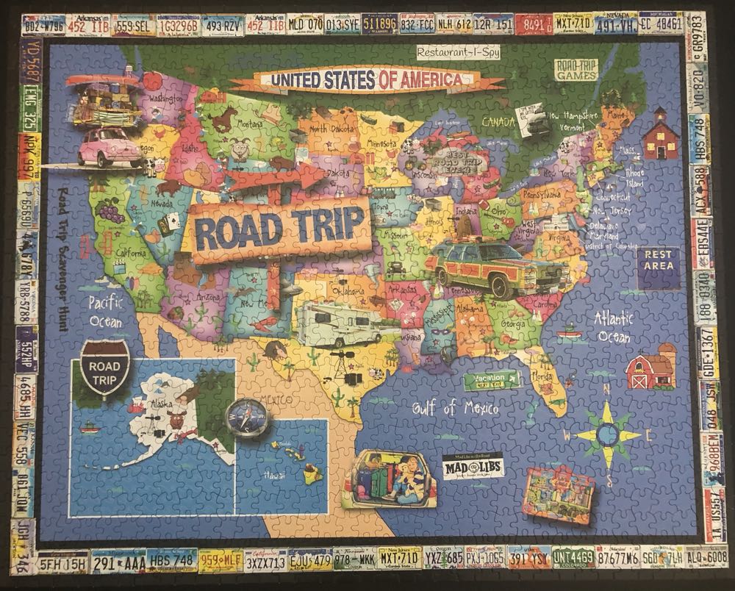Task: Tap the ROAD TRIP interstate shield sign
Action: (103, 373)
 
